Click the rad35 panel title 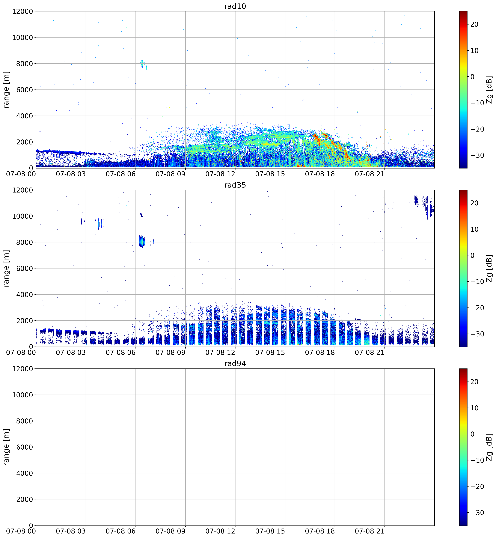coord(235,185)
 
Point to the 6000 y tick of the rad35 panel coord(24,268)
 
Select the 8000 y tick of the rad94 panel coord(24,421)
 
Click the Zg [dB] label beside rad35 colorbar coord(489,268)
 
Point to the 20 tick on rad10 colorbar coord(474,24)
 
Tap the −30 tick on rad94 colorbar coord(476,512)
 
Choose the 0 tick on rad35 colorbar coord(472,255)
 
